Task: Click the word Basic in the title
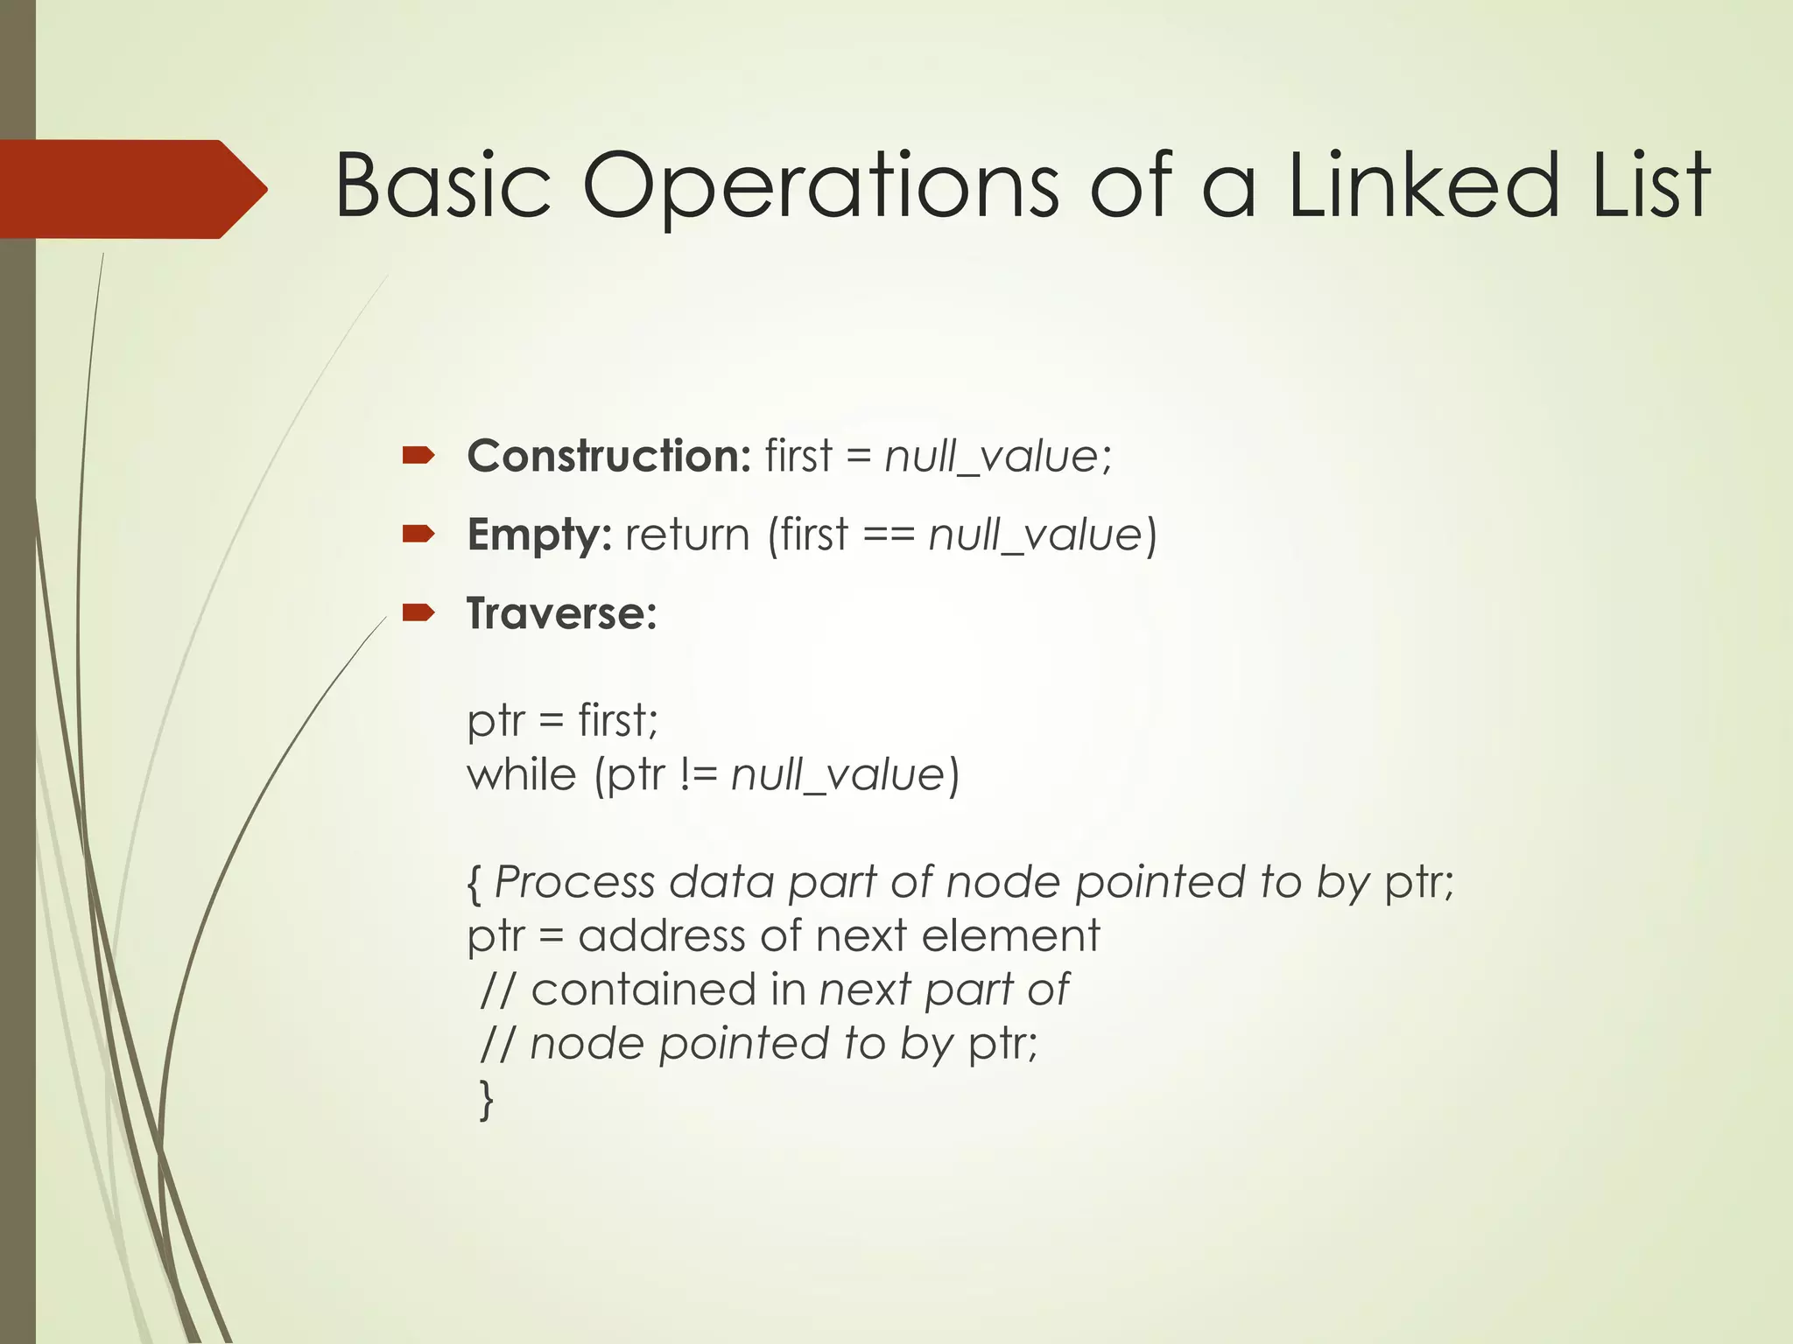click(x=443, y=185)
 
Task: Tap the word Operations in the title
click(x=820, y=185)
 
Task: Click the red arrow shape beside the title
click(x=131, y=189)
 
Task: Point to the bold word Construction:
click(x=608, y=456)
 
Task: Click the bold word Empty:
click(x=539, y=535)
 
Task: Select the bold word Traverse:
click(x=561, y=613)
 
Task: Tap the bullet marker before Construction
click(x=418, y=455)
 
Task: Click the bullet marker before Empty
click(x=418, y=534)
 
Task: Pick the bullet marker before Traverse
click(x=418, y=612)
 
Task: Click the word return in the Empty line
click(x=687, y=535)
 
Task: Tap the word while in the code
click(x=522, y=775)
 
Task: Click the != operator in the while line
click(x=698, y=775)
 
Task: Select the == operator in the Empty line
click(x=889, y=535)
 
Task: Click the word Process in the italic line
click(x=574, y=882)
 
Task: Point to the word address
click(x=662, y=935)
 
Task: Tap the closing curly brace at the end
click(x=487, y=1099)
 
